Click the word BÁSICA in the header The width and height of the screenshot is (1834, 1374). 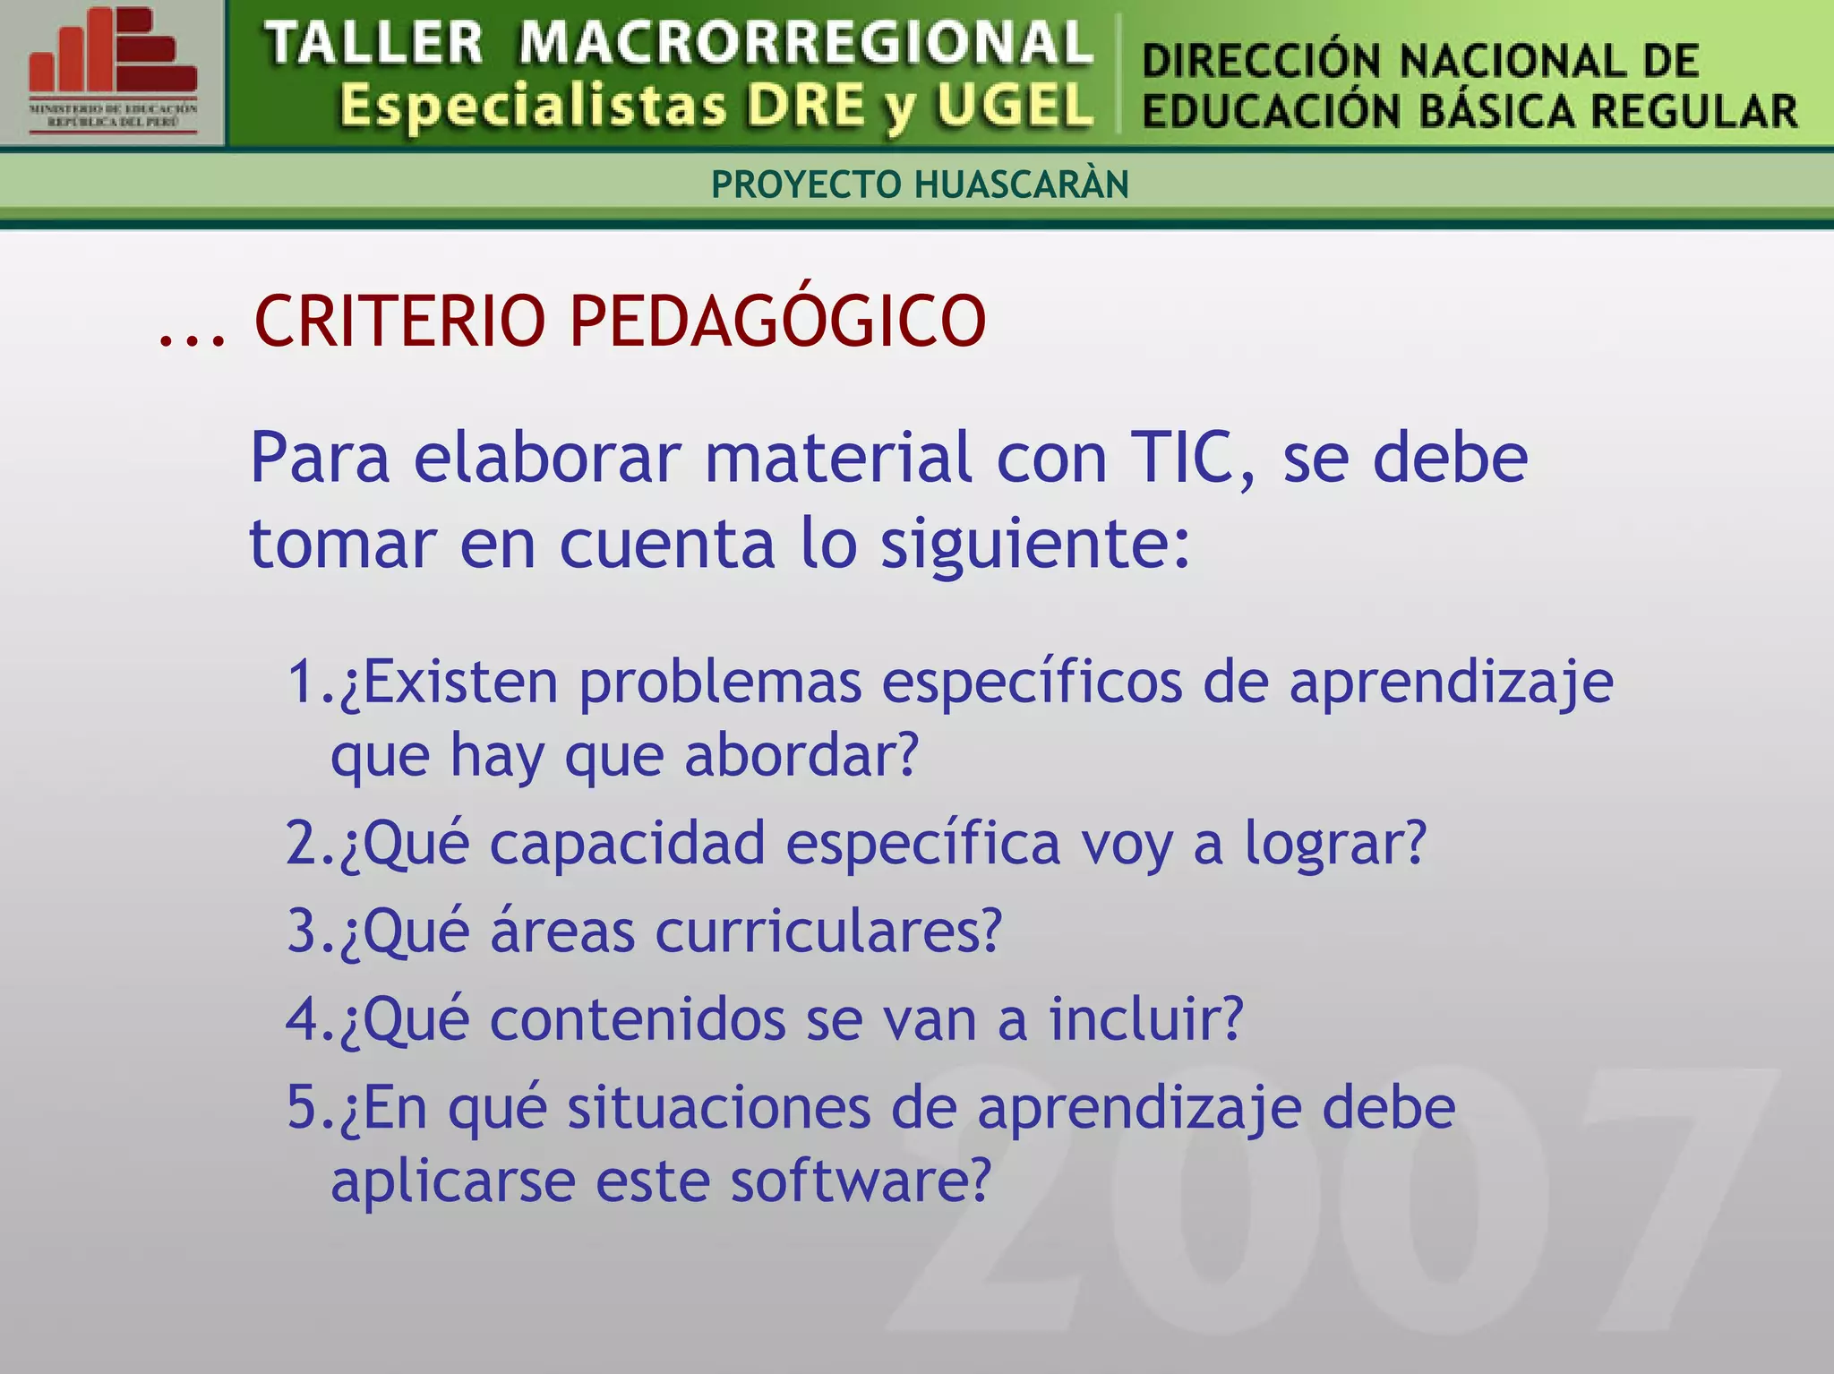1493,112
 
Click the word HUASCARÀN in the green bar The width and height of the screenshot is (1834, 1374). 1022,185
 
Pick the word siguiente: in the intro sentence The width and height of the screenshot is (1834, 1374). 1035,545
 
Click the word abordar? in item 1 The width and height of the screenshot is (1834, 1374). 801,755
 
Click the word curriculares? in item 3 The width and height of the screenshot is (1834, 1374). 828,932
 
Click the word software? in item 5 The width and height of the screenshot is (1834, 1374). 861,1181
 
